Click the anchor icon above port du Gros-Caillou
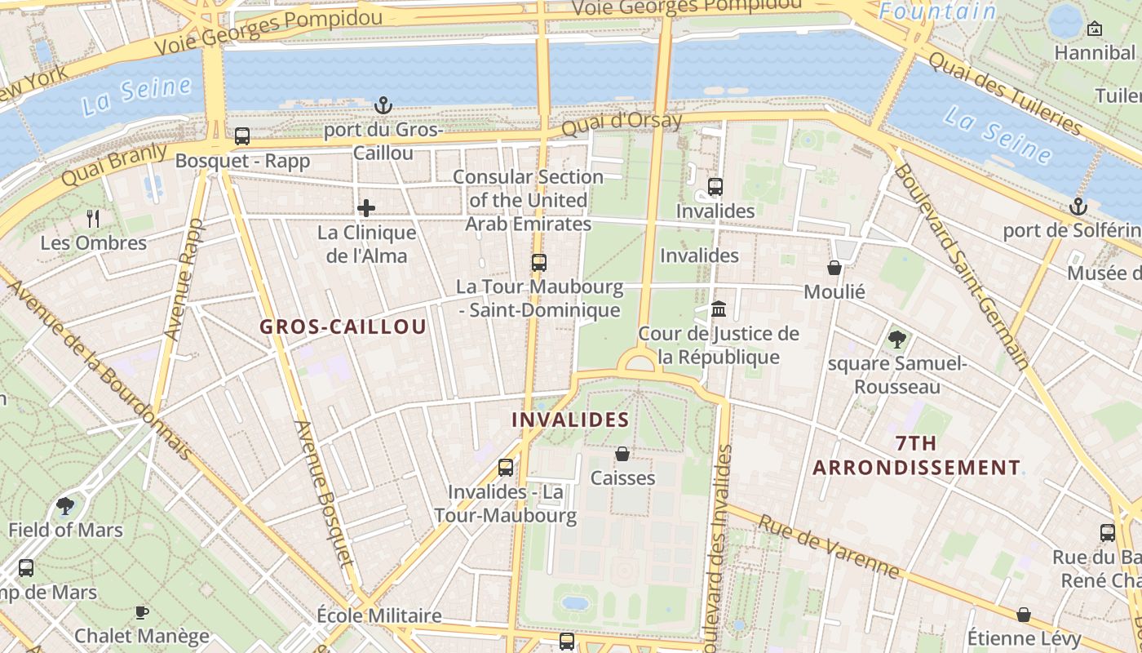(x=383, y=105)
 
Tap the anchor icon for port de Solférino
(x=1078, y=207)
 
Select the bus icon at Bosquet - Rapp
(x=242, y=136)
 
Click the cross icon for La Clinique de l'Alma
(x=366, y=208)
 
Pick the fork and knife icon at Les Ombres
(x=93, y=218)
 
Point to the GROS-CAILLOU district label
(x=343, y=327)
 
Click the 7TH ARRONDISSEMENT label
(x=916, y=455)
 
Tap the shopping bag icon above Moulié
(x=834, y=267)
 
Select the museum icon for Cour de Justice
(x=719, y=309)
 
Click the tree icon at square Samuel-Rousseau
(x=897, y=339)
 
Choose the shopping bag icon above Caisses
(x=622, y=453)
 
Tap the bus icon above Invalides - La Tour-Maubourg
(x=506, y=467)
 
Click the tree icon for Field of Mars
(x=65, y=505)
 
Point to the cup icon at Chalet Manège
(x=142, y=611)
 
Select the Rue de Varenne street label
(x=830, y=546)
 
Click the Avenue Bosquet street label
(x=325, y=493)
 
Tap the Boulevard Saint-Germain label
(x=961, y=266)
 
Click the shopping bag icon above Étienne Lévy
(x=1024, y=614)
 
